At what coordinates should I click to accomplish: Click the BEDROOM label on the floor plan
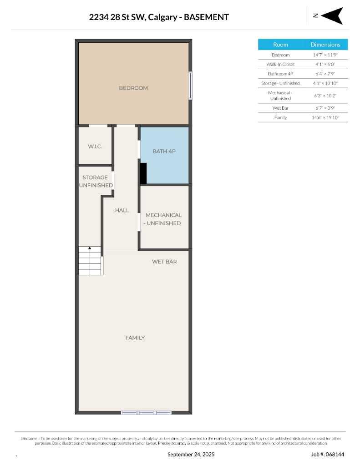pyautogui.click(x=133, y=88)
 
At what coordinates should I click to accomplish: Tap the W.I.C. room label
pyautogui.click(x=95, y=147)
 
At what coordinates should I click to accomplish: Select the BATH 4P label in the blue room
pyautogui.click(x=164, y=151)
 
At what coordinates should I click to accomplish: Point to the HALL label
pyautogui.click(x=122, y=210)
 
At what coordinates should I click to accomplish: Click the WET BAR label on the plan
pyautogui.click(x=164, y=262)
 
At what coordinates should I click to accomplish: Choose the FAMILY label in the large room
pyautogui.click(x=135, y=338)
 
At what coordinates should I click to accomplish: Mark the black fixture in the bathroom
pyautogui.click(x=143, y=173)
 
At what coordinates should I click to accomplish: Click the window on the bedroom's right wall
pyautogui.click(x=191, y=85)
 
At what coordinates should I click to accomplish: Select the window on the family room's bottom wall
pyautogui.click(x=146, y=412)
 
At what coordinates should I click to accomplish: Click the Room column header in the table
pyautogui.click(x=280, y=45)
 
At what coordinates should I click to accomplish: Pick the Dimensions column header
pyautogui.click(x=325, y=45)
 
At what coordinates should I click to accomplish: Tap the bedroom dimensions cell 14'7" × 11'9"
pyautogui.click(x=325, y=55)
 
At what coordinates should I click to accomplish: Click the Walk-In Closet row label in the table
pyautogui.click(x=280, y=64)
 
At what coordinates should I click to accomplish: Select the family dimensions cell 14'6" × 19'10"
pyautogui.click(x=325, y=117)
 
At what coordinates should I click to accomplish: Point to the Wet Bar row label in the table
pyautogui.click(x=280, y=108)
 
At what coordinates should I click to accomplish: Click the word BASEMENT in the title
pyautogui.click(x=208, y=17)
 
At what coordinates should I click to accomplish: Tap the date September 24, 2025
pyautogui.click(x=191, y=454)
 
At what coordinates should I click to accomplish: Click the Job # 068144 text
pyautogui.click(x=328, y=454)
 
